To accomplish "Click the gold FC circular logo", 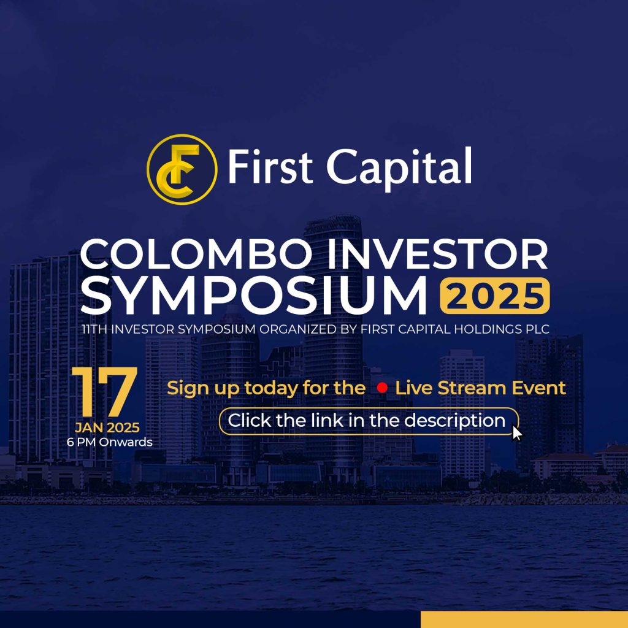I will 182,169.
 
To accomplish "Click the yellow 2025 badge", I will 494,297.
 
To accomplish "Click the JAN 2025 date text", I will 107,427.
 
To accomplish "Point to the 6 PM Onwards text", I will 110,442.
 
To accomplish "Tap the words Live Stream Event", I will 480,388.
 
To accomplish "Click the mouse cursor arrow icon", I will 517,433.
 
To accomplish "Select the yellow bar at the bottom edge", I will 524,619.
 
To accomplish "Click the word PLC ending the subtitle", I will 535,330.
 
